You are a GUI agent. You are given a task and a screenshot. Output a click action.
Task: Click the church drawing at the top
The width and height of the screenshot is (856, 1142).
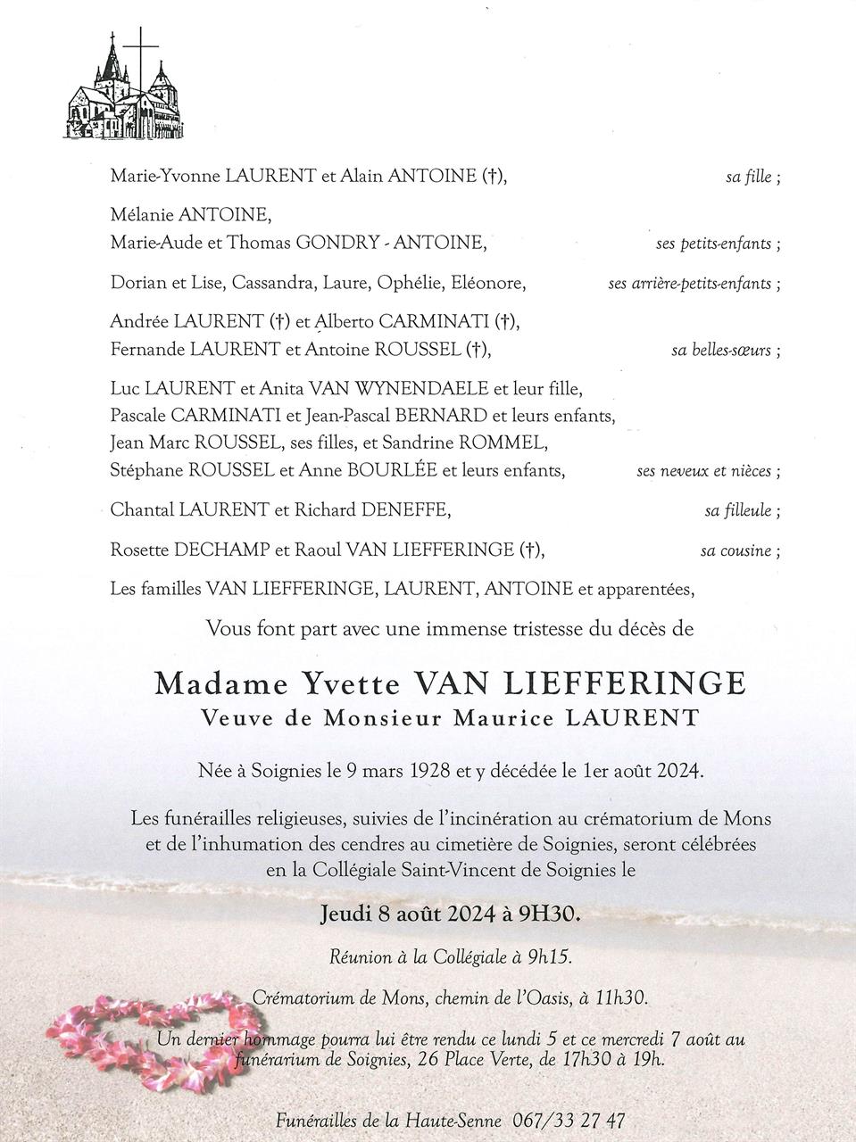[126, 87]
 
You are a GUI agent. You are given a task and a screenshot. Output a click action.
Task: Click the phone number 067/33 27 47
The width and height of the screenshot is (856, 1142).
[569, 1120]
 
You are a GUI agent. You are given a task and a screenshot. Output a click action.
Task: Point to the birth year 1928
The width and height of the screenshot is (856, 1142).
[438, 771]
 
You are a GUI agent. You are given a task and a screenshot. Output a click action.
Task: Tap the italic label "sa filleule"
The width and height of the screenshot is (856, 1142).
[737, 511]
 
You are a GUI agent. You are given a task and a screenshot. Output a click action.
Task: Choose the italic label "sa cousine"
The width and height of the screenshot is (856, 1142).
[735, 550]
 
